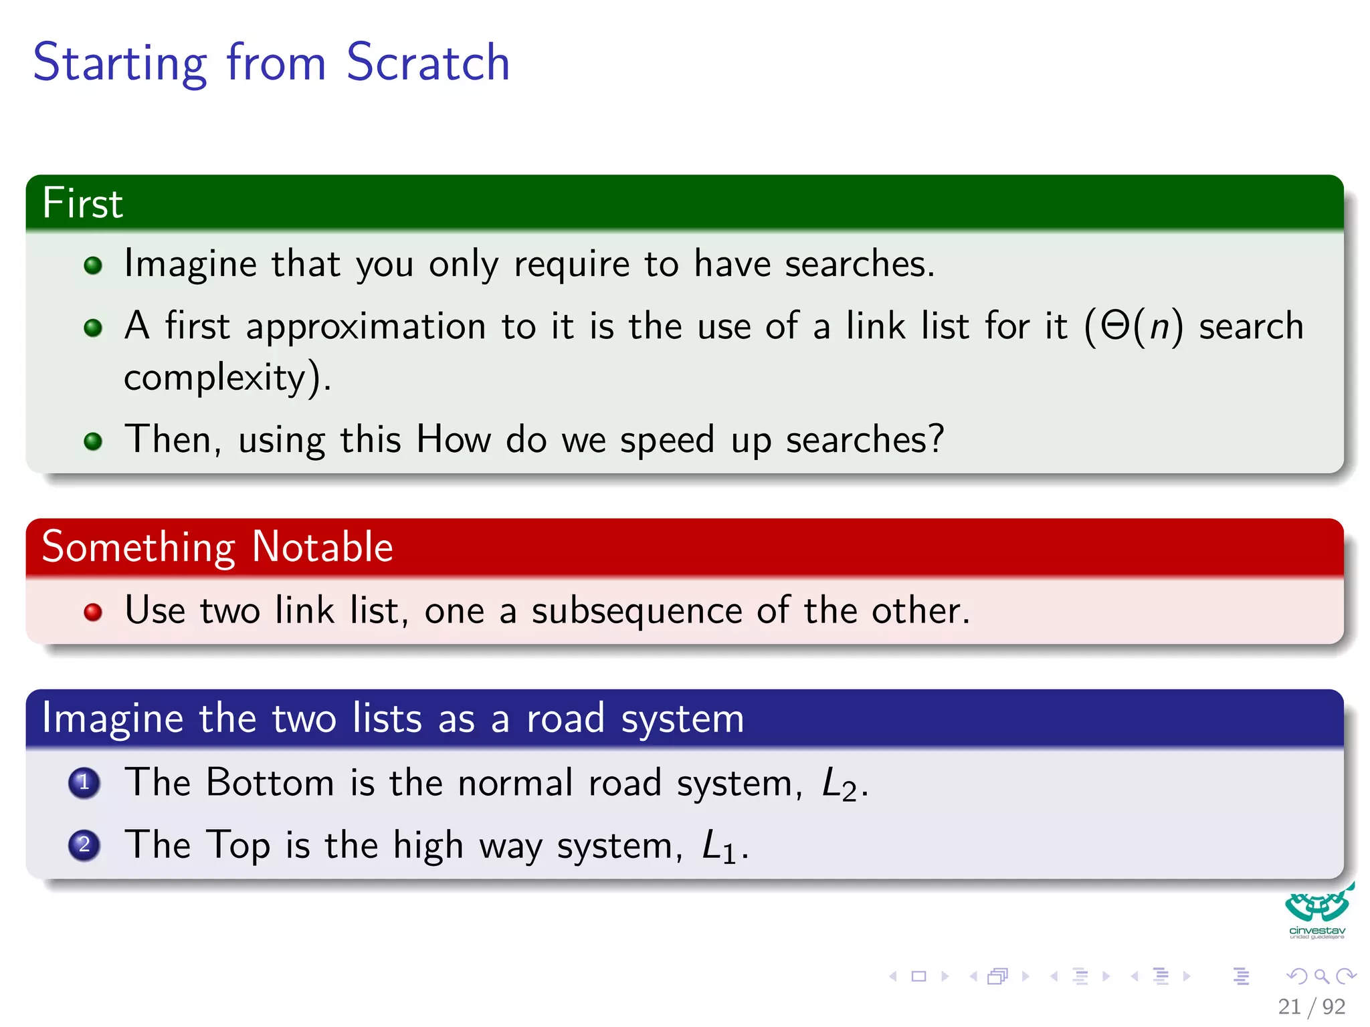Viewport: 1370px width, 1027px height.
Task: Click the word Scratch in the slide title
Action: (428, 62)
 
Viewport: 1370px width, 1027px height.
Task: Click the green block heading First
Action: (82, 203)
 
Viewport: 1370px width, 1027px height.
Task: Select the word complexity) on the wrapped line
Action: (227, 378)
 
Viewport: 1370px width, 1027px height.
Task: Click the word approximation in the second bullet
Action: (365, 328)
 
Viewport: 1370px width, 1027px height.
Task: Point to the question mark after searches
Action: (936, 439)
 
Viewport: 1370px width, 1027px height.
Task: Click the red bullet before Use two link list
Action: (93, 612)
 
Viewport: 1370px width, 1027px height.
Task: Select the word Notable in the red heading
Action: (322, 547)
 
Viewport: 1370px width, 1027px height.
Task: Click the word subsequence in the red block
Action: (636, 612)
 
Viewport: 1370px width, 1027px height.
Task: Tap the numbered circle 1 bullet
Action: (84, 782)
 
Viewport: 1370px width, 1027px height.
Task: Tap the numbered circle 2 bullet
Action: (84, 844)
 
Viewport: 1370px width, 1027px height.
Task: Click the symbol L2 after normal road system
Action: (839, 784)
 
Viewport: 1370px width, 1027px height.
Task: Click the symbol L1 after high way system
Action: (719, 846)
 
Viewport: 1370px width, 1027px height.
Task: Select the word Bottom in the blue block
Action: (270, 782)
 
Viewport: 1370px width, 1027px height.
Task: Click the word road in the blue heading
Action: (565, 719)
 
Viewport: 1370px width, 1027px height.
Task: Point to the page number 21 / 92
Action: (1311, 1006)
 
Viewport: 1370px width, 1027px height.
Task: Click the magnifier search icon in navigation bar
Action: (1321, 976)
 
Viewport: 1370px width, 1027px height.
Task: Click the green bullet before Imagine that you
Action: (93, 265)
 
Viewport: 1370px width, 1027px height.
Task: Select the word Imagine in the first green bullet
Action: (190, 264)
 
